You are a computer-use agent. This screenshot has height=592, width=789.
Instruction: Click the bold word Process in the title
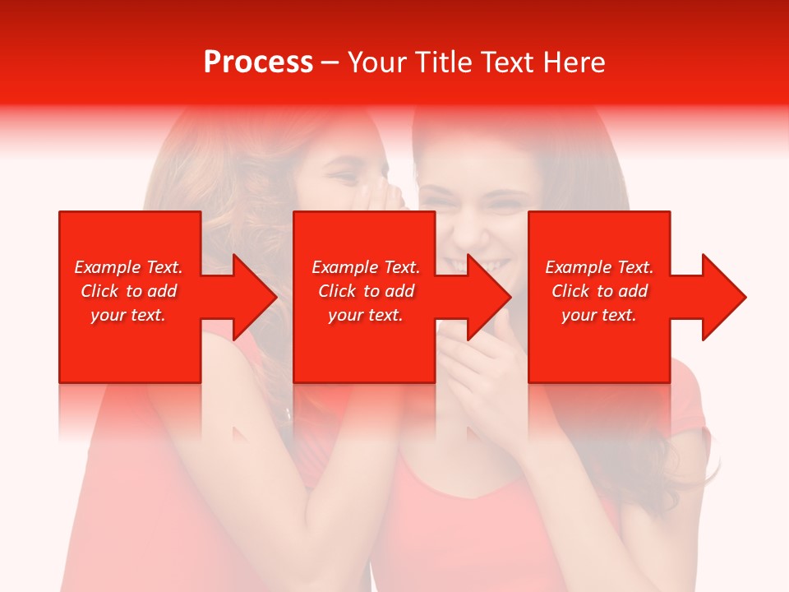pyautogui.click(x=258, y=62)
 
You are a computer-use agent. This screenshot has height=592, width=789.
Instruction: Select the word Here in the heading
pyautogui.click(x=573, y=62)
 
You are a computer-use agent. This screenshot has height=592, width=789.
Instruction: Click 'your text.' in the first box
pyautogui.click(x=128, y=315)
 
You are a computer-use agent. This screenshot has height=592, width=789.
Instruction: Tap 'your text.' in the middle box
pyautogui.click(x=365, y=315)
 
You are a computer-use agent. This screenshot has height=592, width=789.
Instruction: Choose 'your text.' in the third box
pyautogui.click(x=598, y=315)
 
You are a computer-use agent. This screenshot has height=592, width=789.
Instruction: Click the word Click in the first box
pyautogui.click(x=99, y=291)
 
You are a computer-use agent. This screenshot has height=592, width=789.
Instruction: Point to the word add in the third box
pyautogui.click(x=633, y=291)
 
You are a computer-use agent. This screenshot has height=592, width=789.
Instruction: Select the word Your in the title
pyautogui.click(x=378, y=62)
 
